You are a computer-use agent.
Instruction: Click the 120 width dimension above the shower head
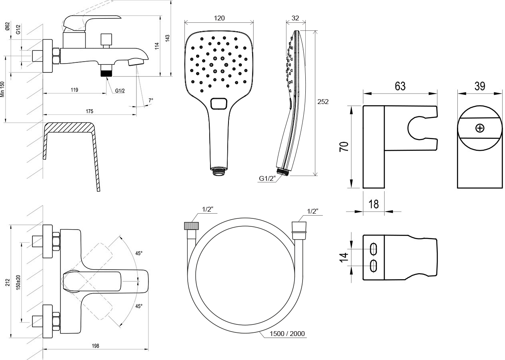219,18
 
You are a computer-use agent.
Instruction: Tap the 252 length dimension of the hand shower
323,102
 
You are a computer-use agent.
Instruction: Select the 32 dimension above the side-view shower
295,18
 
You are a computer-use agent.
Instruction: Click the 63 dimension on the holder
400,86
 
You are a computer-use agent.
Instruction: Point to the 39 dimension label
479,86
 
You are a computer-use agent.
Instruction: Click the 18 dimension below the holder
373,204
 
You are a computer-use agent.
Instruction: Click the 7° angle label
150,100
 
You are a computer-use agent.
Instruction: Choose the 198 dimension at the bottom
95,346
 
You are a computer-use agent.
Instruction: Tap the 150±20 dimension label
18,282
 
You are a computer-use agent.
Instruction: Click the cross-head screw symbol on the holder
479,128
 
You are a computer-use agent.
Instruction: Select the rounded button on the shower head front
218,104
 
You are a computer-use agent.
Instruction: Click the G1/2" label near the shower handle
267,179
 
